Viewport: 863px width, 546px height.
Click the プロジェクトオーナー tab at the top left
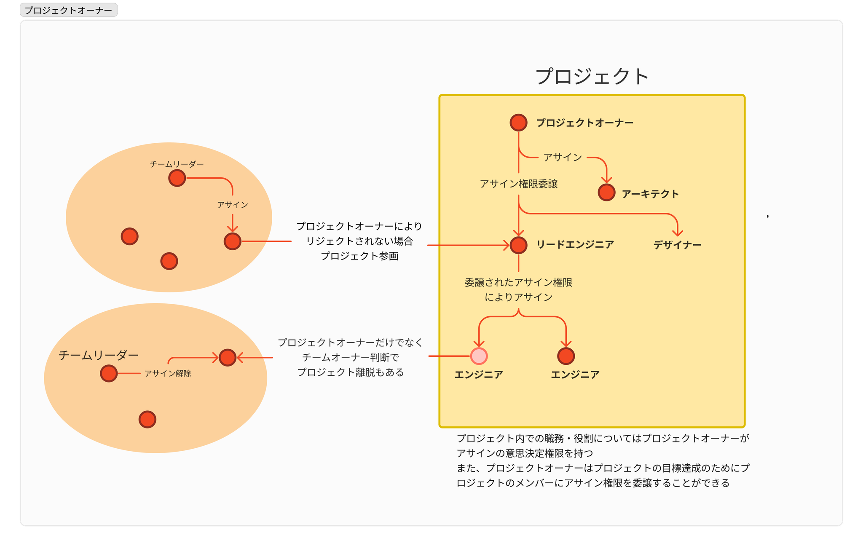click(68, 10)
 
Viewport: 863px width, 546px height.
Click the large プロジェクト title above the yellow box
click(592, 77)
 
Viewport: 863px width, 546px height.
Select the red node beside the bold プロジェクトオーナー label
click(518, 123)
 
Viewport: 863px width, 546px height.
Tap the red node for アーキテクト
click(606, 193)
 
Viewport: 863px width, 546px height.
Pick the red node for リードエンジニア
click(518, 245)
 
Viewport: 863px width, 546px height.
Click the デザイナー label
click(677, 245)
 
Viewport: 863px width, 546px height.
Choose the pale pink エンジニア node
click(479, 356)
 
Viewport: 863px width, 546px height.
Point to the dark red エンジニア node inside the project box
click(566, 356)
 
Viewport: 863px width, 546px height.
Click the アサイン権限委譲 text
click(519, 184)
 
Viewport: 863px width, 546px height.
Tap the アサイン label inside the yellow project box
click(563, 158)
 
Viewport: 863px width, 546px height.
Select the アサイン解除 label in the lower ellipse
click(168, 374)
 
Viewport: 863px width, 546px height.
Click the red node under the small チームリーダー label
click(177, 178)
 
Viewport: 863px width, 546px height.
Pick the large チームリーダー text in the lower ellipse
click(99, 356)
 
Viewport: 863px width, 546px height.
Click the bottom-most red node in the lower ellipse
click(147, 420)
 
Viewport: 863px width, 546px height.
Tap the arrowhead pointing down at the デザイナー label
click(678, 233)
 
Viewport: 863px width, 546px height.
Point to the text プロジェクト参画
click(359, 256)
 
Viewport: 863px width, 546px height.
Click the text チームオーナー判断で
click(351, 358)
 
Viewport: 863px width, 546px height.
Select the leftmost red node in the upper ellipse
click(129, 236)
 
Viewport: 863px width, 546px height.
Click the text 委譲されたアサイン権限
click(518, 283)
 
